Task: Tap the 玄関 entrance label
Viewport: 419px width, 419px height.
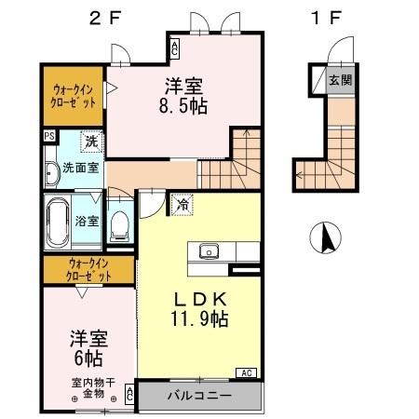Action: (339, 80)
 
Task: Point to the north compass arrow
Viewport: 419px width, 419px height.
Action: (327, 239)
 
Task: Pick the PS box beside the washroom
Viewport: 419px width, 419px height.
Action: (48, 135)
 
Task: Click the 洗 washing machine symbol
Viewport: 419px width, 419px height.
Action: (91, 142)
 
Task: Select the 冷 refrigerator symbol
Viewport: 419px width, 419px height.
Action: (182, 204)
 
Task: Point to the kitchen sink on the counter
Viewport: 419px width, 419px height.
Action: (209, 250)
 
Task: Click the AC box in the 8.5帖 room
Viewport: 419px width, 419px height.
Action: (174, 47)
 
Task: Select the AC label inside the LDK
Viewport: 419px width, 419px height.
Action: (248, 372)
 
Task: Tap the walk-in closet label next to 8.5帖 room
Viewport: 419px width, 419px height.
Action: (74, 95)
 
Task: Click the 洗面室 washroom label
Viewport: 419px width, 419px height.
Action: (81, 169)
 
